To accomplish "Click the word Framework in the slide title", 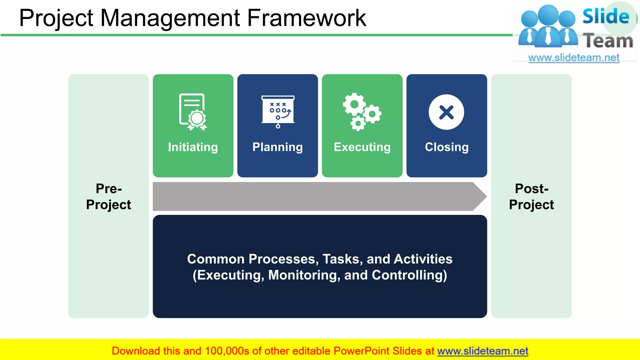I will tap(306, 18).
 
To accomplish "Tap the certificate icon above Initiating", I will tap(192, 112).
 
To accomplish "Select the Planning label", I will tap(277, 147).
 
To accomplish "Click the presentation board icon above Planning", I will tap(278, 111).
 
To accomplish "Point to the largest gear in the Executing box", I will tap(354, 104).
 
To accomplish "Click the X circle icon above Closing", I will tap(446, 112).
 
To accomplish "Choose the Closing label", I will tap(447, 147).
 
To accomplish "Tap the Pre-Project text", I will tap(108, 197).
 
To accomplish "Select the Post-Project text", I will tap(531, 197).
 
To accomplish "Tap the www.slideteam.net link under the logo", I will tap(574, 58).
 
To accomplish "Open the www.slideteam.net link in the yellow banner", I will tap(482, 351).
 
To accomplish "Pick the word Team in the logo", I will tap(608, 41).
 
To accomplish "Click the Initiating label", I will tap(193, 147).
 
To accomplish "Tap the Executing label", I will tap(362, 147).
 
